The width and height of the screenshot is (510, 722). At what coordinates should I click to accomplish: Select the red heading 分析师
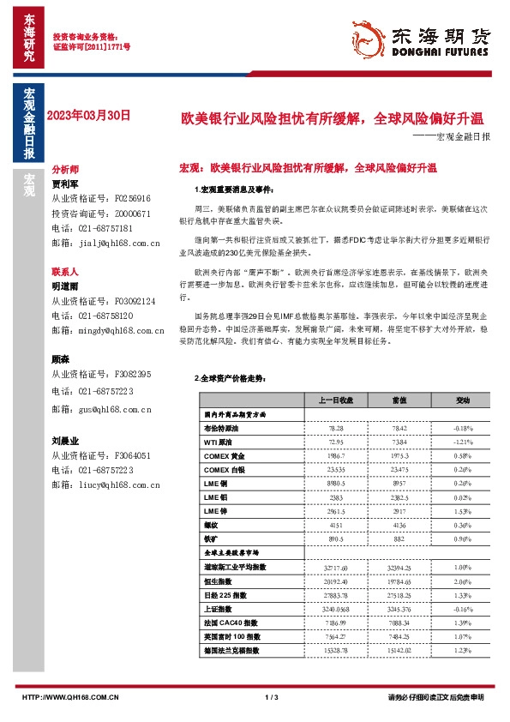coord(65,171)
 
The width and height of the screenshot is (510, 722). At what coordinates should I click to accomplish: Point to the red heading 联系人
coord(65,270)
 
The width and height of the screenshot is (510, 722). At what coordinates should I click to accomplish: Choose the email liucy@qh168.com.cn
coord(113,485)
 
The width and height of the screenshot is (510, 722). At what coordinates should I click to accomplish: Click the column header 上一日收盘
coord(312,400)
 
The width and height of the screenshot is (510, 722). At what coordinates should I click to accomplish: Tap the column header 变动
coord(439,400)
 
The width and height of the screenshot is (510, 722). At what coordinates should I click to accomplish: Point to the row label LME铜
coord(217,484)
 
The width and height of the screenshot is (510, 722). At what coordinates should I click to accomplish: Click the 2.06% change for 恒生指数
coord(439,581)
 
